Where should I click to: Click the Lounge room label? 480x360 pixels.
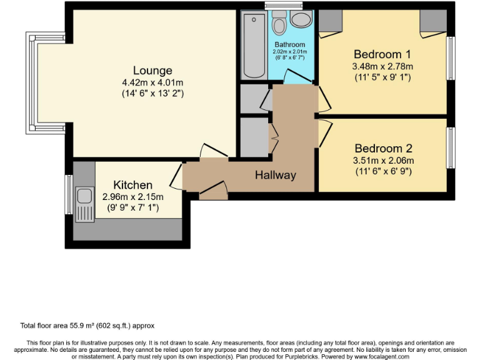(152, 71)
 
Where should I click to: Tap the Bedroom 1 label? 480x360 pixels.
(382, 54)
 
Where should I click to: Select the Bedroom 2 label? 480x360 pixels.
(383, 149)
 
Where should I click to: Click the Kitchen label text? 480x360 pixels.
(132, 185)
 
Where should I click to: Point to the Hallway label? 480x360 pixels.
(275, 175)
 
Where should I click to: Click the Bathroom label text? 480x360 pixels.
(290, 45)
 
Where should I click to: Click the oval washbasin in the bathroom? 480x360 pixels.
(302, 19)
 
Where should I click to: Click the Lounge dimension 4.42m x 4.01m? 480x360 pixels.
(152, 82)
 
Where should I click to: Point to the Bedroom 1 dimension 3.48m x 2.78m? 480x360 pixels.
(382, 66)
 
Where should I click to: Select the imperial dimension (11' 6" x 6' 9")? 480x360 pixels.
(383, 171)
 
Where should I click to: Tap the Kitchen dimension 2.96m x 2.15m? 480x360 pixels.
(132, 197)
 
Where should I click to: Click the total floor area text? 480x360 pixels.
(87, 326)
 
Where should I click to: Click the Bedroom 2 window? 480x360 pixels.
(449, 148)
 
